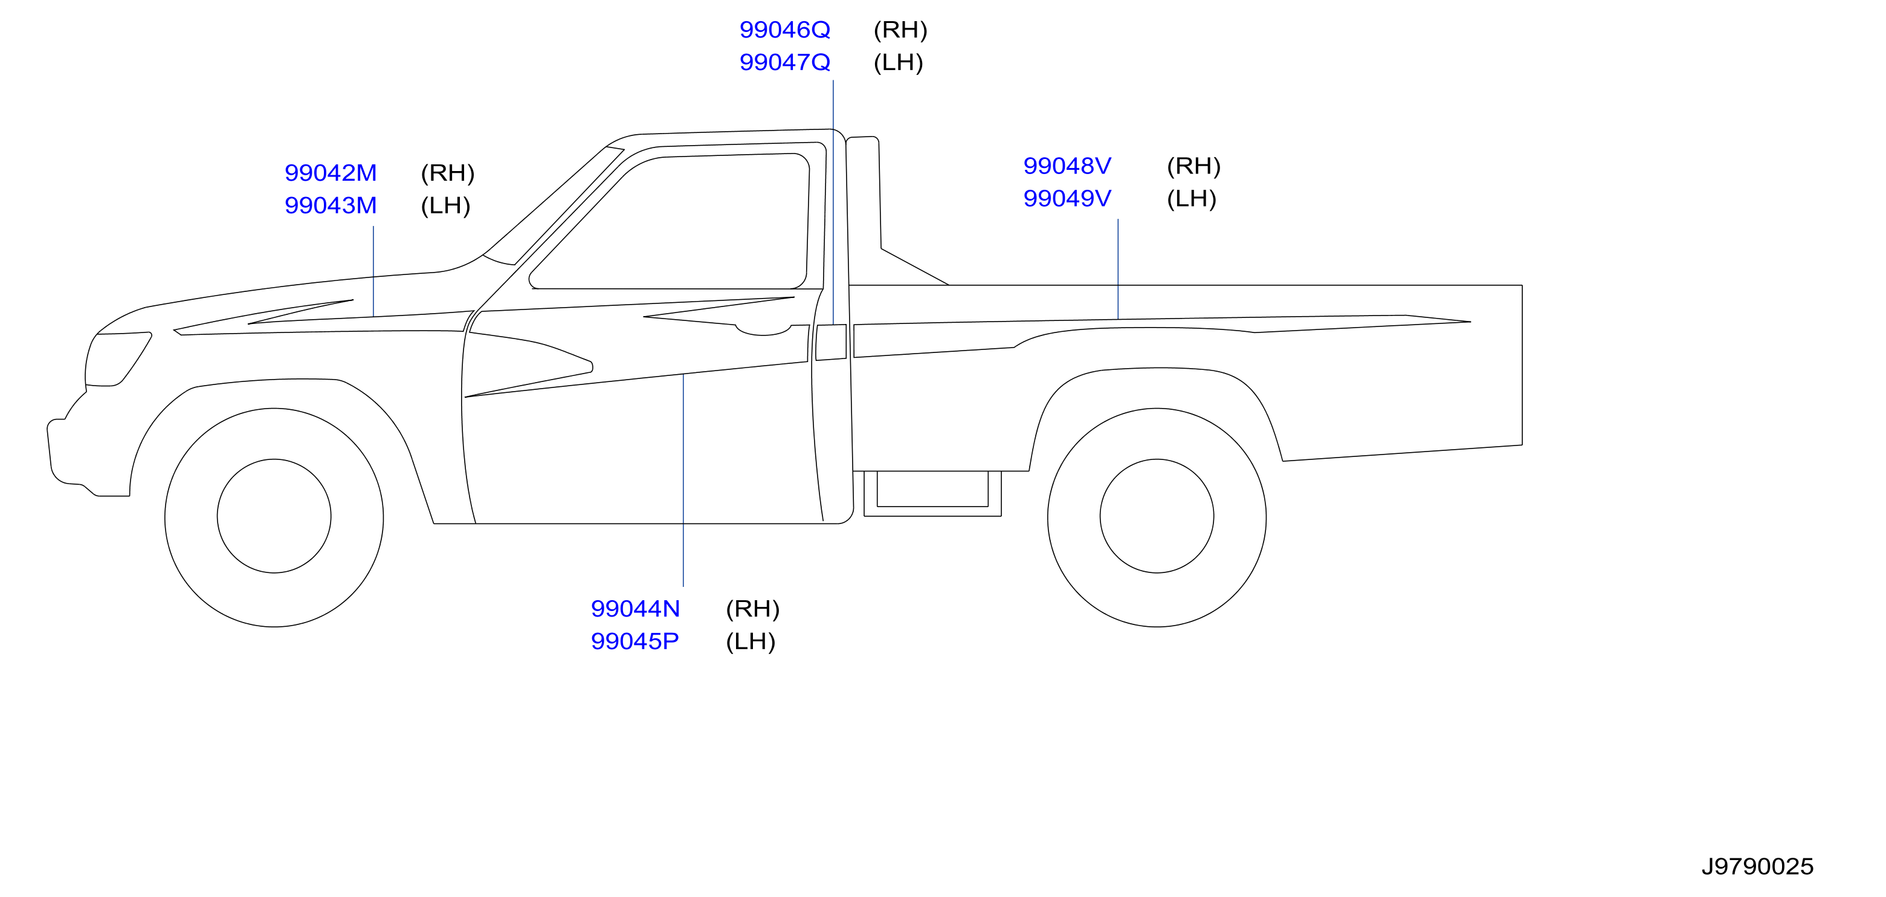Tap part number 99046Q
click(x=785, y=30)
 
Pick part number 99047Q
click(x=785, y=62)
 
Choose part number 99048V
click(x=1067, y=166)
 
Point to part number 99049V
click(x=1067, y=198)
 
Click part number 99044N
click(x=636, y=609)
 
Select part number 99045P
click(x=635, y=641)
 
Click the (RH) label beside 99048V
click(x=1193, y=166)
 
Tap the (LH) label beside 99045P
click(x=751, y=641)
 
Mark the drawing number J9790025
click(x=1757, y=867)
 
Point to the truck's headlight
click(x=117, y=359)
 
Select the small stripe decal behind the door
click(x=831, y=342)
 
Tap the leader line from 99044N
click(x=683, y=481)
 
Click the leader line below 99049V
click(x=1118, y=269)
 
